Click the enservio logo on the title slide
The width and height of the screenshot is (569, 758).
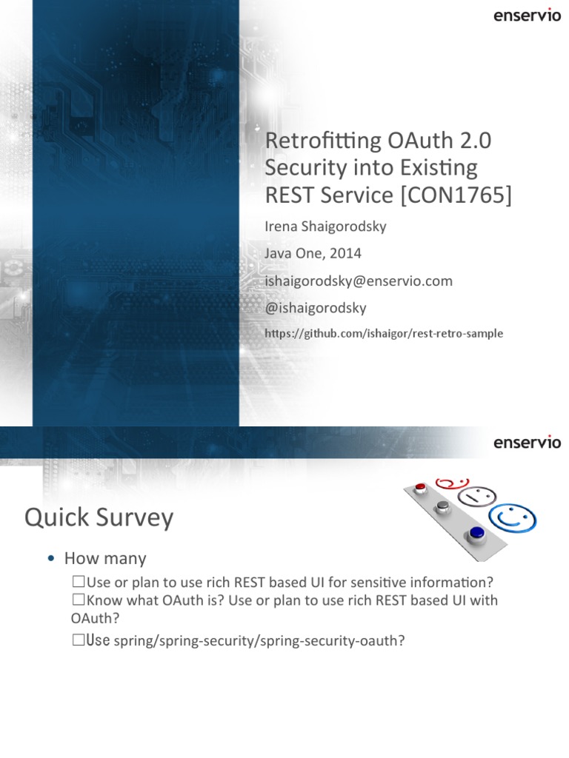(x=527, y=16)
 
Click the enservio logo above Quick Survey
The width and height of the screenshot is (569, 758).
(x=527, y=443)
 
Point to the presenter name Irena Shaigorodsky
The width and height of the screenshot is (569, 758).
(x=325, y=227)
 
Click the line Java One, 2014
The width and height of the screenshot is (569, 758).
(x=313, y=253)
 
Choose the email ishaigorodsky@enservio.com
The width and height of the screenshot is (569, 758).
(x=359, y=281)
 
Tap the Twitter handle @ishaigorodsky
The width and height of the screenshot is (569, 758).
(x=316, y=307)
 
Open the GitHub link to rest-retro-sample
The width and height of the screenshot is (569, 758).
(x=384, y=334)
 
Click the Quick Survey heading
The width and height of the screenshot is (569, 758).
(x=99, y=517)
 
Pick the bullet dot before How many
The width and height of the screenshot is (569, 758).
(x=50, y=559)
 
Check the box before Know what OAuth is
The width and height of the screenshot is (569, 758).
(x=79, y=599)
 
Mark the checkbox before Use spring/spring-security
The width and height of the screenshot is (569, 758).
(x=79, y=641)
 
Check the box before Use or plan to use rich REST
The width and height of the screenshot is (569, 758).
(x=79, y=579)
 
